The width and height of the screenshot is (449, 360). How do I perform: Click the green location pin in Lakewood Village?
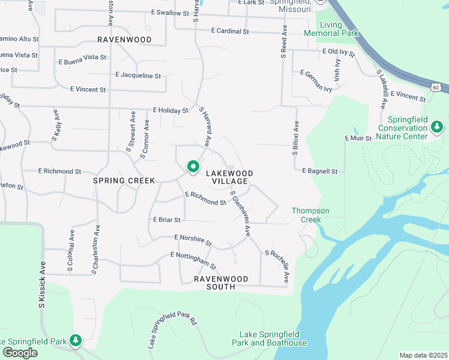[193, 166]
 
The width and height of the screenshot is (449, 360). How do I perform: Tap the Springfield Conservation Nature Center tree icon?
[438, 127]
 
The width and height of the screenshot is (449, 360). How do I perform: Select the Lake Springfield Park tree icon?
[75, 341]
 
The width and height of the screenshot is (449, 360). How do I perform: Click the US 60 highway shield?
[436, 88]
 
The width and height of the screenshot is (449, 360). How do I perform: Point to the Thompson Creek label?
[310, 215]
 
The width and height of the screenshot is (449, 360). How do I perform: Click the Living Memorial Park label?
[331, 29]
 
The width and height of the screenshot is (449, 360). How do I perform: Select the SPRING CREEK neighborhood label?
[124, 181]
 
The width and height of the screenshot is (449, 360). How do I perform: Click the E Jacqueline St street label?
[138, 76]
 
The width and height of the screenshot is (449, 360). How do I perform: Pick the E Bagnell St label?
[319, 171]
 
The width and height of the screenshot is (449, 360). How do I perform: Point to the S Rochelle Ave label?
[277, 267]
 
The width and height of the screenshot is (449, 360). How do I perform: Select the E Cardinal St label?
[230, 31]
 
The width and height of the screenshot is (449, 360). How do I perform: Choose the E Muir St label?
[358, 138]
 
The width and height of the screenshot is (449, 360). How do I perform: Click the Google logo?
[20, 353]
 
